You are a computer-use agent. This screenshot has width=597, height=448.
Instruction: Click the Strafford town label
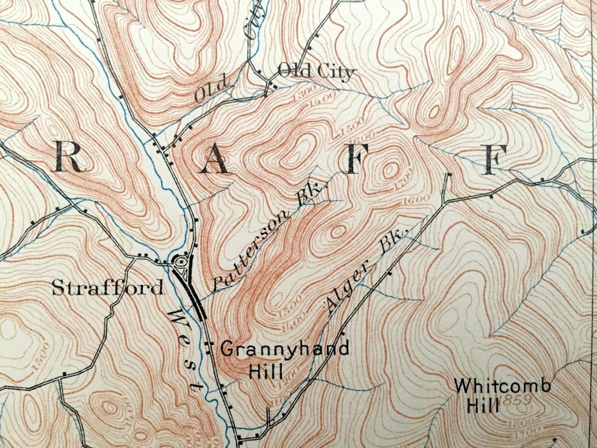point(108,288)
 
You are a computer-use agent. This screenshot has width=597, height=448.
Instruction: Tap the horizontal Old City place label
point(315,72)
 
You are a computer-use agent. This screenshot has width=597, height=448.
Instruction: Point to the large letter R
point(70,158)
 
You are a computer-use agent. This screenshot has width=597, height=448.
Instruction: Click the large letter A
point(215,159)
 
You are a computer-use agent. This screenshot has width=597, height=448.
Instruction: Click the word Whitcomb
point(502,386)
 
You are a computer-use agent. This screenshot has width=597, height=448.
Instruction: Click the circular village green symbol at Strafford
point(181,262)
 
